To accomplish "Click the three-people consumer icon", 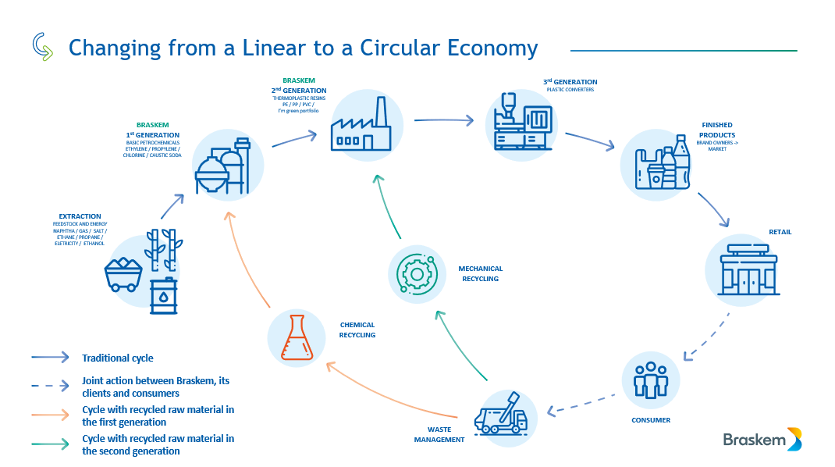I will tap(650, 380).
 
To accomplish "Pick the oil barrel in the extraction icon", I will tap(164, 297).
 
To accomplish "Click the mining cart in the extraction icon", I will tap(123, 275).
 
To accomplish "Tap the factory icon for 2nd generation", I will tap(361, 127).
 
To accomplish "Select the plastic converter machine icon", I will tap(522, 123).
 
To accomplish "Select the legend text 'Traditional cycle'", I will tap(118, 358).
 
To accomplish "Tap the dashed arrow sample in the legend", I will tap(52, 385).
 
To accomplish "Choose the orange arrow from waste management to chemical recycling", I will tap(390, 390).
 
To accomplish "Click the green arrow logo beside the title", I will tap(43, 48).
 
